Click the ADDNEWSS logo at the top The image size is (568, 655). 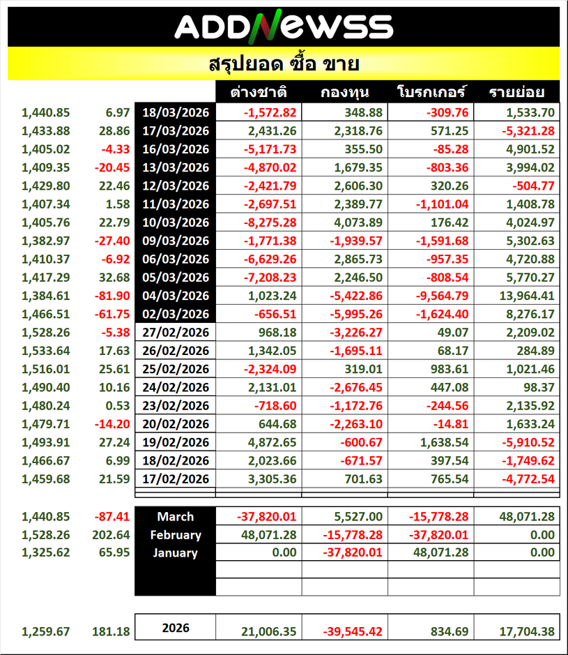(284, 27)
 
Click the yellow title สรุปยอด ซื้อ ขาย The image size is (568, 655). (284, 65)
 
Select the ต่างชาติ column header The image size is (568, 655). (259, 93)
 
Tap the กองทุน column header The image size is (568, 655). (344, 93)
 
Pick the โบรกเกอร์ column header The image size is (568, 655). (431, 93)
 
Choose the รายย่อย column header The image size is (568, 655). (516, 93)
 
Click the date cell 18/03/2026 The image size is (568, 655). (176, 112)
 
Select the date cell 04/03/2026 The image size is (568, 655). (176, 295)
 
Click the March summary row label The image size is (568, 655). (176, 517)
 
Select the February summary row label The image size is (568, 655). (176, 535)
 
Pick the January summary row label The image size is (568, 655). (176, 553)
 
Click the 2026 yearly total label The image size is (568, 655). (176, 628)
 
